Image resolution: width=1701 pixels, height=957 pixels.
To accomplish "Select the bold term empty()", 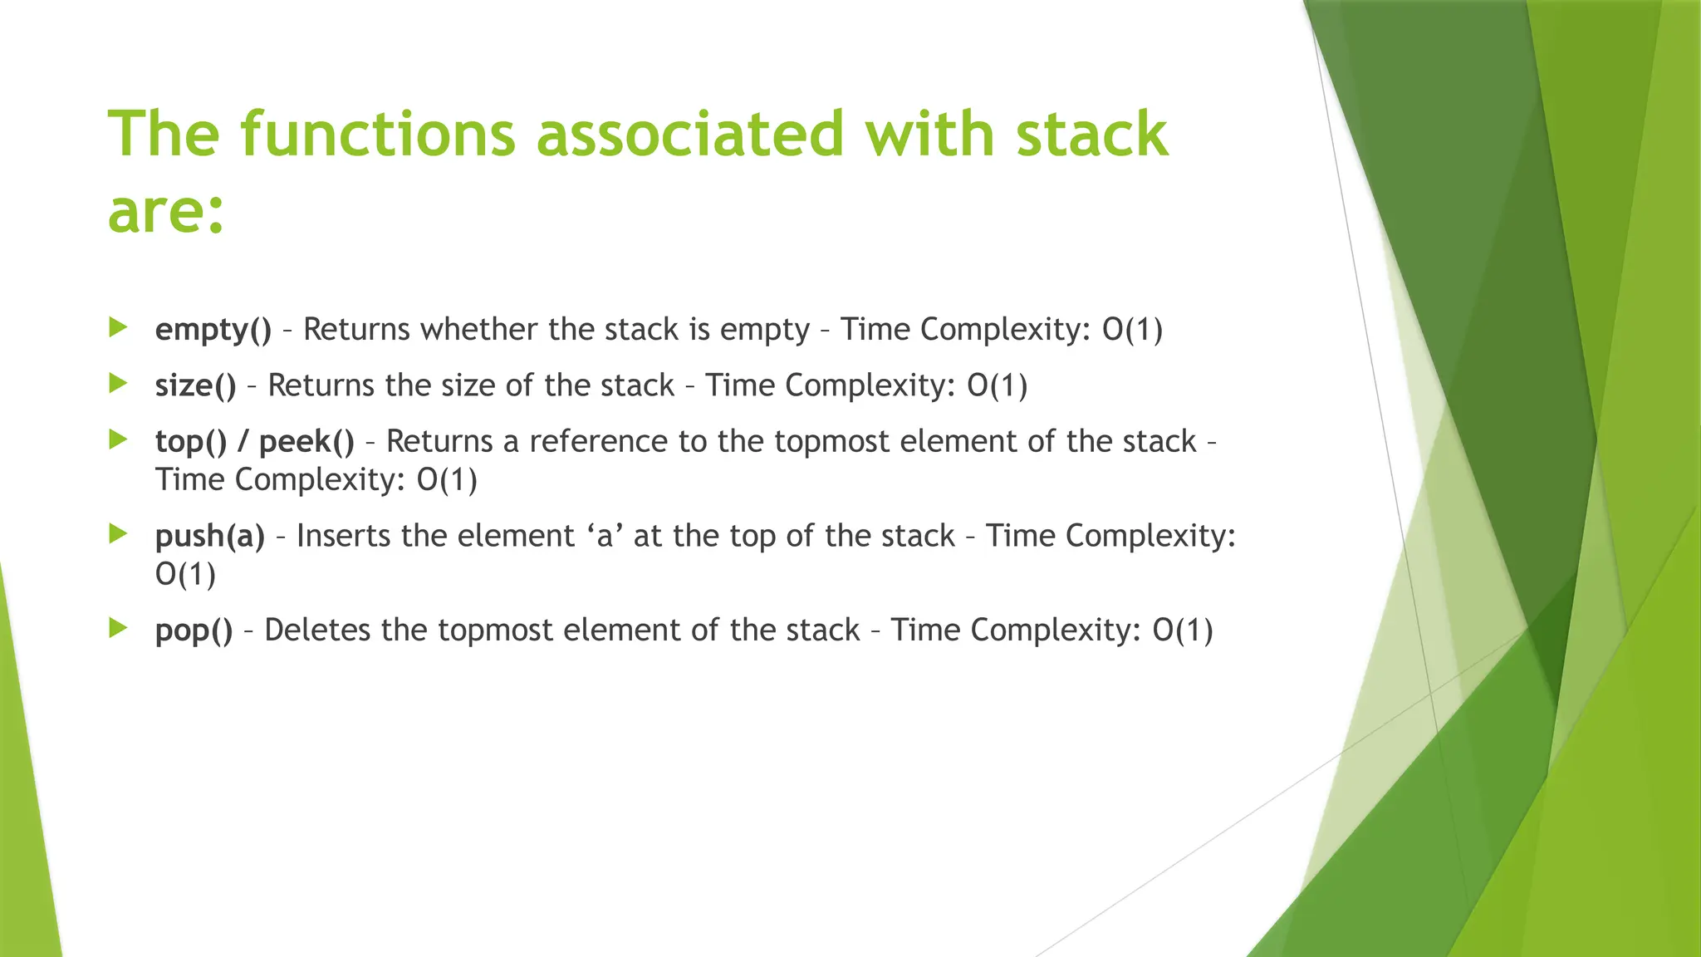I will (213, 330).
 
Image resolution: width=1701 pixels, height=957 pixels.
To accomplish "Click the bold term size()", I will (195, 385).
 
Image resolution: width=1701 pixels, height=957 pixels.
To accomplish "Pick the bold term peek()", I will (306, 441).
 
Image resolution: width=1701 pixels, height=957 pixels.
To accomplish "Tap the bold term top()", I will (190, 441).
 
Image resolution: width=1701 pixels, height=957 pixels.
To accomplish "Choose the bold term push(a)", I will (209, 536).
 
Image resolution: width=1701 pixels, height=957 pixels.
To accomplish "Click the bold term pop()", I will (194, 631).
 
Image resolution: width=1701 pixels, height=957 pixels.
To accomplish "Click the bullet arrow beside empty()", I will (118, 327).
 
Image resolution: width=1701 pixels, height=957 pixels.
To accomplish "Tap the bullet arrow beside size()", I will (118, 383).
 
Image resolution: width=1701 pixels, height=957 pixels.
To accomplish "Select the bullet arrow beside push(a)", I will (118, 533).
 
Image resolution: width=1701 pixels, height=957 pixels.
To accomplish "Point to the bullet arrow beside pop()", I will (118, 628).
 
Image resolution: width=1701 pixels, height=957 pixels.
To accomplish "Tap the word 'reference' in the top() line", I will (598, 441).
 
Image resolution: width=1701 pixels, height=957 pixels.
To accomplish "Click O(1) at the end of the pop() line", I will (1183, 631).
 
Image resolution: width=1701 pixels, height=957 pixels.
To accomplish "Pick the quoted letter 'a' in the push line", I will (605, 536).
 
